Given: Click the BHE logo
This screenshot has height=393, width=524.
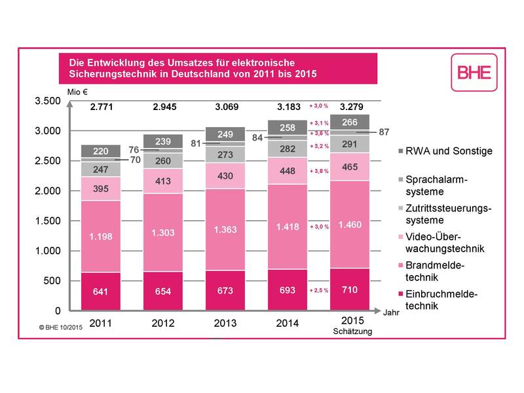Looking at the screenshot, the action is pos(474,72).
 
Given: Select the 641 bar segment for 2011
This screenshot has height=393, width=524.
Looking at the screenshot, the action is pos(101,291).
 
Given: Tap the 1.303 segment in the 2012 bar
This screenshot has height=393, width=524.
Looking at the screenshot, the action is pos(163,233).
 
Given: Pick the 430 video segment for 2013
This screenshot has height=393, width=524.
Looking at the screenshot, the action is pos(225,176).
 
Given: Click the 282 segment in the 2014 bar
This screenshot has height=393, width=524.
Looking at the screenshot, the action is pos(288,149).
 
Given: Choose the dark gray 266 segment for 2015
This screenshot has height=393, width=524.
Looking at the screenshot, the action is pos(350,122).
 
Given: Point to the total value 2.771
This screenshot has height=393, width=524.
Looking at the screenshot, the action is pos(102,107).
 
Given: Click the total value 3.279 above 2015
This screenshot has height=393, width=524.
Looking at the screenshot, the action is pos(351,107).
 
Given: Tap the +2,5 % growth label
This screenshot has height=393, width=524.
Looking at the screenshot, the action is pos(319,290).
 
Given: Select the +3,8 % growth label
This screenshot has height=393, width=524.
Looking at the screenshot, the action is pos(319,171).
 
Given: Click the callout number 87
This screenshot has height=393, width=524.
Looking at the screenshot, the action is pos(384,132).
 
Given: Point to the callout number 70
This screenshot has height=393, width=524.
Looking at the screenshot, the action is pos(136,160).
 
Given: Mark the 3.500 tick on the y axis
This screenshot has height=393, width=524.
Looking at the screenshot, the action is pos(48,101).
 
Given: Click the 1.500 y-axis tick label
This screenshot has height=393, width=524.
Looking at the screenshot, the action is pos(48,221).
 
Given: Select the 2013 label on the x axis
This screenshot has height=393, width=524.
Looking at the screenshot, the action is pos(225,323).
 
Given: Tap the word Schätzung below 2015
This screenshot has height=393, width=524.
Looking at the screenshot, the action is pos(352,331).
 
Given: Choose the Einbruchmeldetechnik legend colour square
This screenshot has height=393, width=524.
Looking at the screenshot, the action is pos(401,293).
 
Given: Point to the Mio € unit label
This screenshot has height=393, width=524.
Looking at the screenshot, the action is pos(77,92).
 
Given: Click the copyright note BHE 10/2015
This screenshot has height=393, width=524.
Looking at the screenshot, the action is pos(61,327).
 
